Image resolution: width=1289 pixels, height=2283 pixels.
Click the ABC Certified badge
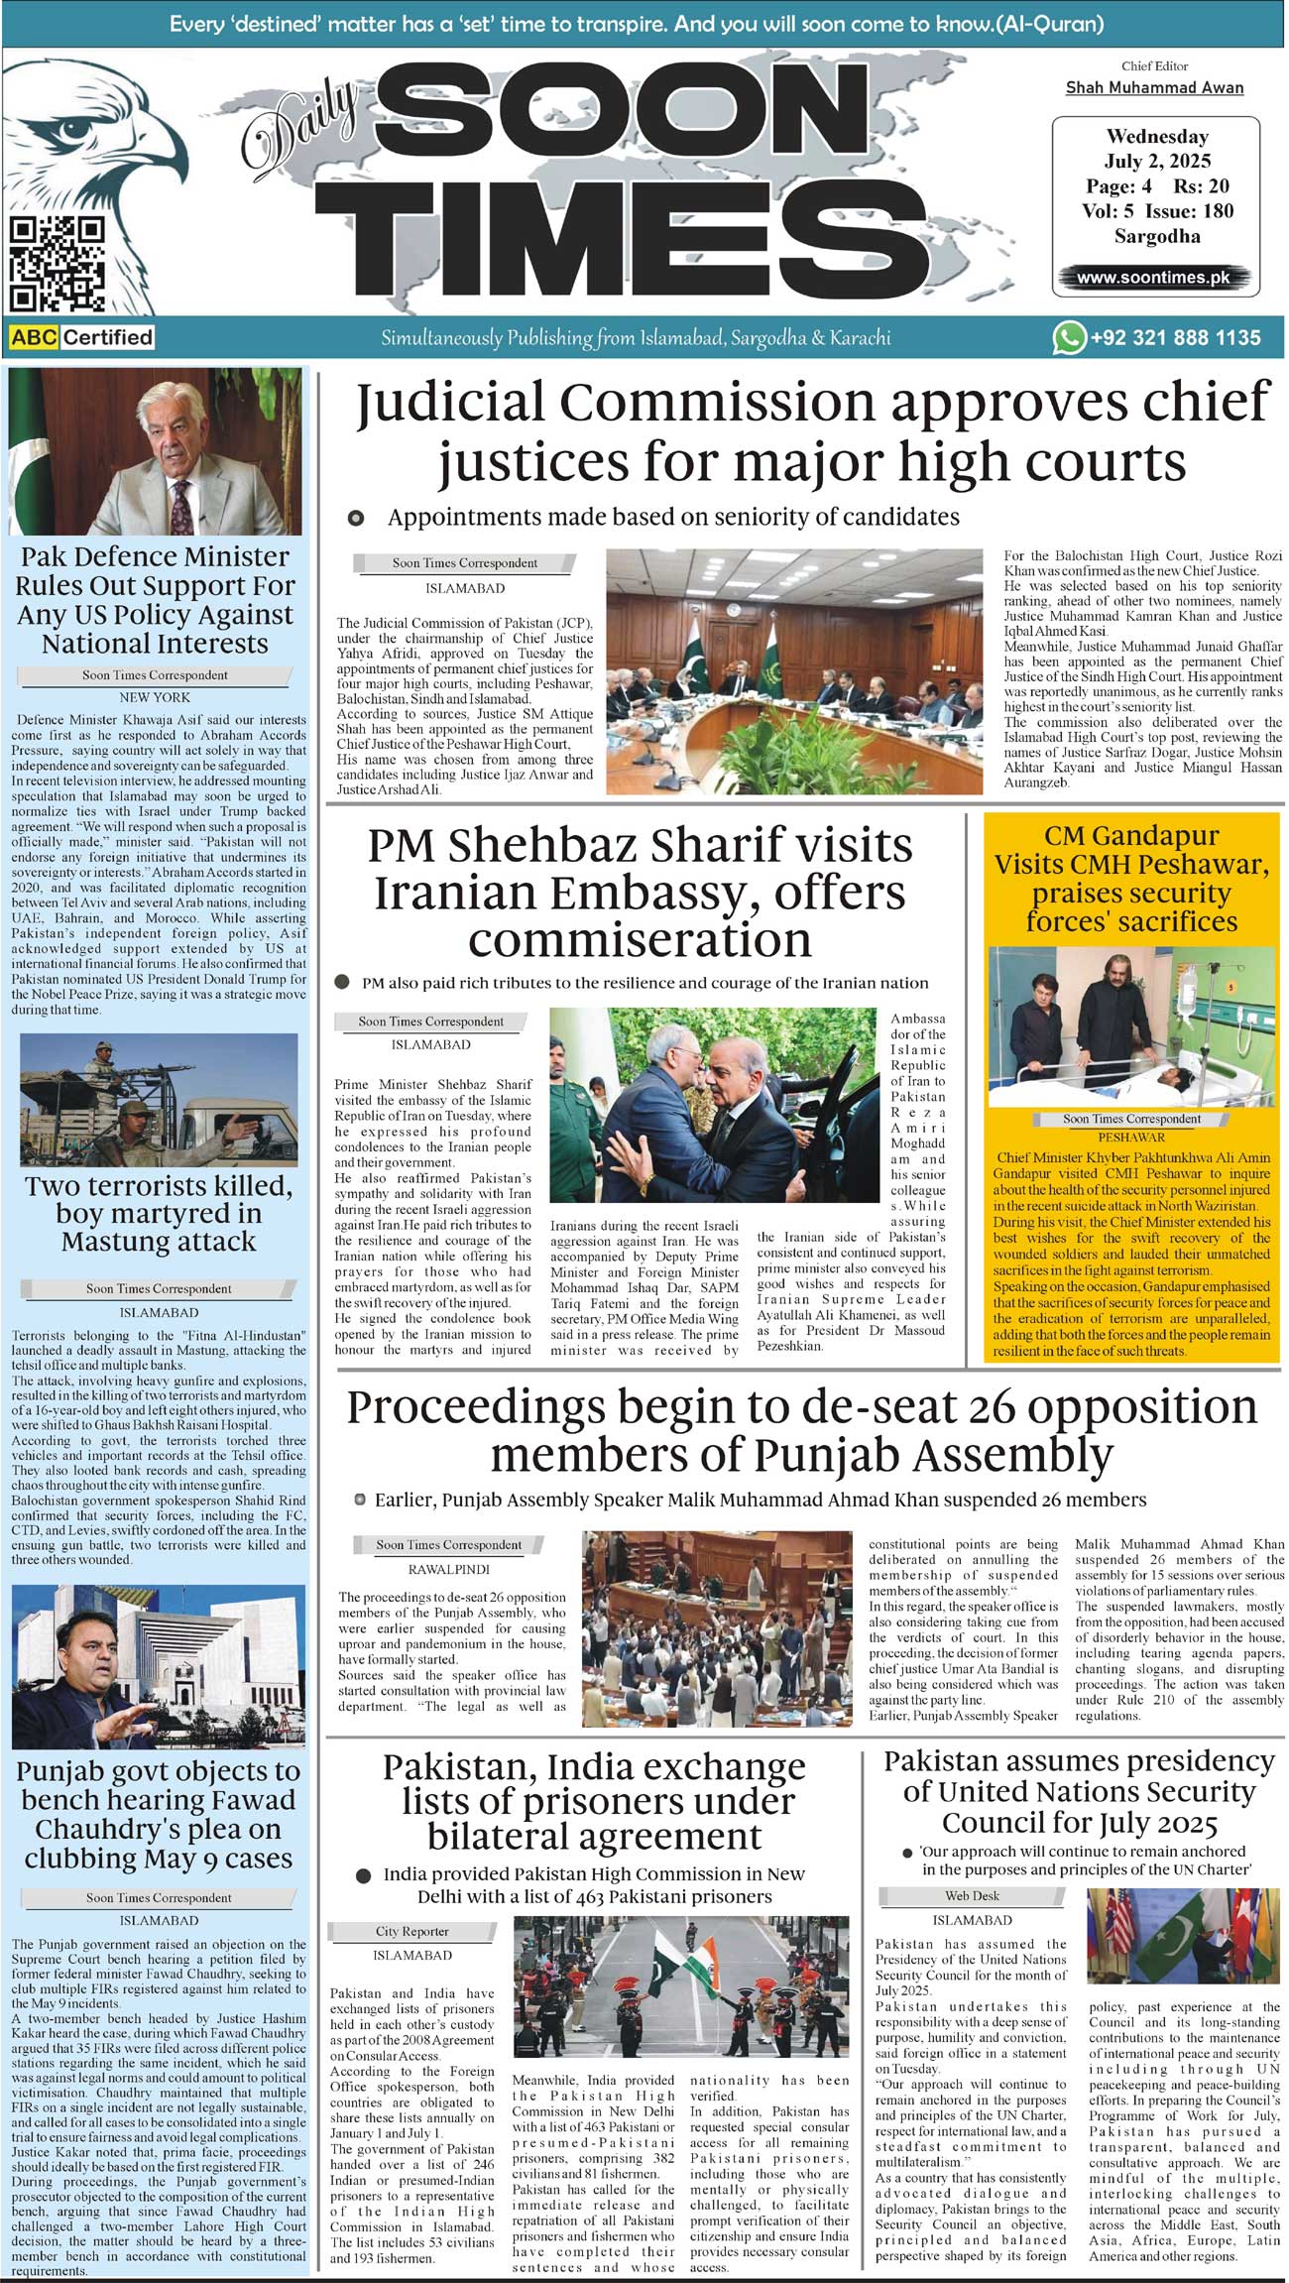pos(82,337)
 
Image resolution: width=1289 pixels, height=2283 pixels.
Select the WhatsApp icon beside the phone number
pos(1068,337)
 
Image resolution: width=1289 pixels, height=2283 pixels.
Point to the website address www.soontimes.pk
pos(1153,278)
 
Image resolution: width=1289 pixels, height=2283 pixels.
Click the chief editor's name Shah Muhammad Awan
pos(1154,87)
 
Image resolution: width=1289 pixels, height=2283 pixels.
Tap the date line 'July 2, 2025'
pos(1157,161)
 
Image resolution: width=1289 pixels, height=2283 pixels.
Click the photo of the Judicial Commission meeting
pos(794,670)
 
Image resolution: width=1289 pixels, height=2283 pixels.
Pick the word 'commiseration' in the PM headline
pos(640,939)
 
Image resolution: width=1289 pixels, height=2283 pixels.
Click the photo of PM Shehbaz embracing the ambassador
pos(713,1106)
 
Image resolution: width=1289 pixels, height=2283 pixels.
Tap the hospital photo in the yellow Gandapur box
pos(1131,1026)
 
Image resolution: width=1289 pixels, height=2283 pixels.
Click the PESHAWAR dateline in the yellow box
pos(1131,1138)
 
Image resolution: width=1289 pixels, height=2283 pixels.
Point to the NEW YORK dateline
pos(155,697)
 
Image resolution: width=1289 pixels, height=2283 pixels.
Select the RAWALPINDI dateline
pos(449,1570)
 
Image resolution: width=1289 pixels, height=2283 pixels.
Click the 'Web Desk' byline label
pos(972,1895)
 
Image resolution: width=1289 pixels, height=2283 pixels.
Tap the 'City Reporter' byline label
pos(411,1931)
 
